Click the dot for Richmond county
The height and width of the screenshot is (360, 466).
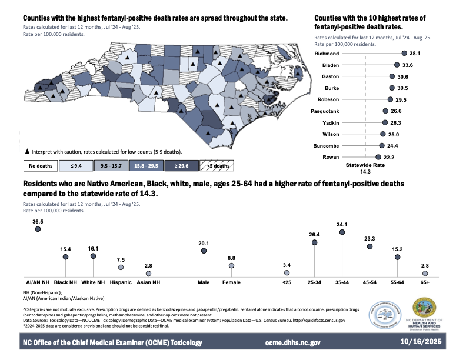(404, 54)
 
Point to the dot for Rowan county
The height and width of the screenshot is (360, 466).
(377, 157)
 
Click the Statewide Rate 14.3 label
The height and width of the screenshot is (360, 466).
(365, 168)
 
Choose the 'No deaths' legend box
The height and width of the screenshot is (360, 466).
(41, 166)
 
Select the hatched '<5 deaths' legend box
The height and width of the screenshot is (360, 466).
(217, 166)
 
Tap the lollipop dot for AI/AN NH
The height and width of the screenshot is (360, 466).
(38, 229)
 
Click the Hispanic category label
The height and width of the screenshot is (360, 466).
(121, 283)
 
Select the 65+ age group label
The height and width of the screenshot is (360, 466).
(425, 283)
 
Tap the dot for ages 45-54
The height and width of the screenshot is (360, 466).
(370, 247)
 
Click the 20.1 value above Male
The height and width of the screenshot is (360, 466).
(204, 242)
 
